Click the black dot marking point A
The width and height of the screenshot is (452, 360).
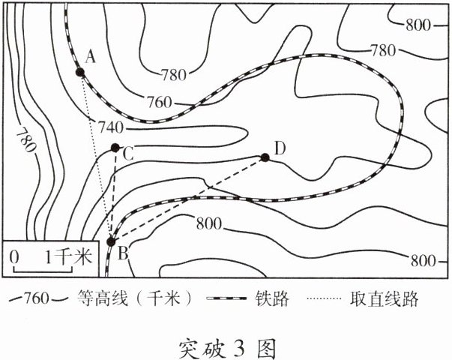pyautogui.click(x=79, y=72)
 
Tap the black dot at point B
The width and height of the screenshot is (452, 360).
pyautogui.click(x=112, y=241)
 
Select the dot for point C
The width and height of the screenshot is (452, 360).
pyautogui.click(x=115, y=148)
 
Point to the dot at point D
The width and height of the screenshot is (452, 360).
pyautogui.click(x=265, y=157)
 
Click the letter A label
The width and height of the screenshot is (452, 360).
pyautogui.click(x=91, y=56)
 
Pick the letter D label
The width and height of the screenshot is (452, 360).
pyautogui.click(x=279, y=148)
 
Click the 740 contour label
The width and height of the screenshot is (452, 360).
pyautogui.click(x=110, y=127)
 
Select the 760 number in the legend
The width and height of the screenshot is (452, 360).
pyautogui.click(x=37, y=298)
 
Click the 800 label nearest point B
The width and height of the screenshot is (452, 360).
pyautogui.click(x=209, y=223)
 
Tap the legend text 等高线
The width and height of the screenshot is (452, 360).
pyautogui.click(x=100, y=298)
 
